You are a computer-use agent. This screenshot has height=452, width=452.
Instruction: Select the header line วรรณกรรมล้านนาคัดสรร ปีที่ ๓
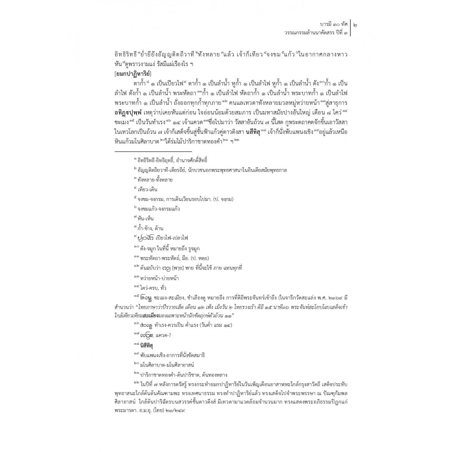point(310,33)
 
